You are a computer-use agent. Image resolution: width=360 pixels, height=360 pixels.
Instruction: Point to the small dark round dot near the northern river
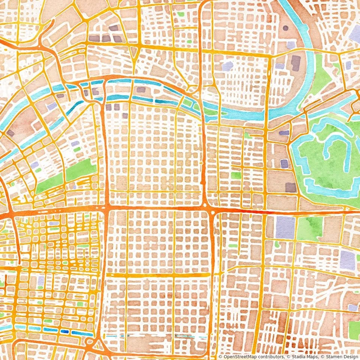pyautogui.click(x=286, y=28)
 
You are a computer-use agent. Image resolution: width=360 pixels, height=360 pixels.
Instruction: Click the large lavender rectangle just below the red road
pyautogui.click(x=285, y=227)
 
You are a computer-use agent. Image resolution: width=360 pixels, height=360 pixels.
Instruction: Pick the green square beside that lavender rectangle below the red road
pyautogui.click(x=309, y=228)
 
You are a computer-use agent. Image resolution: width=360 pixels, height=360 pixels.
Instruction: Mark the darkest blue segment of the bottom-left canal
pyautogui.click(x=65, y=331)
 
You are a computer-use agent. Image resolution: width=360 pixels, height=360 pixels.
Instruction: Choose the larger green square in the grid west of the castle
pyautogui.click(x=236, y=175)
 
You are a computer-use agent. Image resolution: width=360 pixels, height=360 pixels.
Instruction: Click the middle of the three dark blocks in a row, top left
pyautogui.click(x=106, y=38)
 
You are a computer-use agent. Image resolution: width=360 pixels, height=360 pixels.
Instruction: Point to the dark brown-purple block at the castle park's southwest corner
pyautogui.click(x=291, y=187)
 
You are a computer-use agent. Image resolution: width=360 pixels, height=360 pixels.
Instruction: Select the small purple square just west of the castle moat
pyautogui.click(x=285, y=164)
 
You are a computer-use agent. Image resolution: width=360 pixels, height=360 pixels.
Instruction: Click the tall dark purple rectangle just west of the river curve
pyautogui.click(x=296, y=63)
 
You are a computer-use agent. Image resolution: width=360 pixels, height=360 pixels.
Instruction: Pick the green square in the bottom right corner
pyautogui.click(x=354, y=330)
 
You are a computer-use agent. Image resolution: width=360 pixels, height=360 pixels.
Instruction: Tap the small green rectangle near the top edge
pyautogui.click(x=181, y=14)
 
